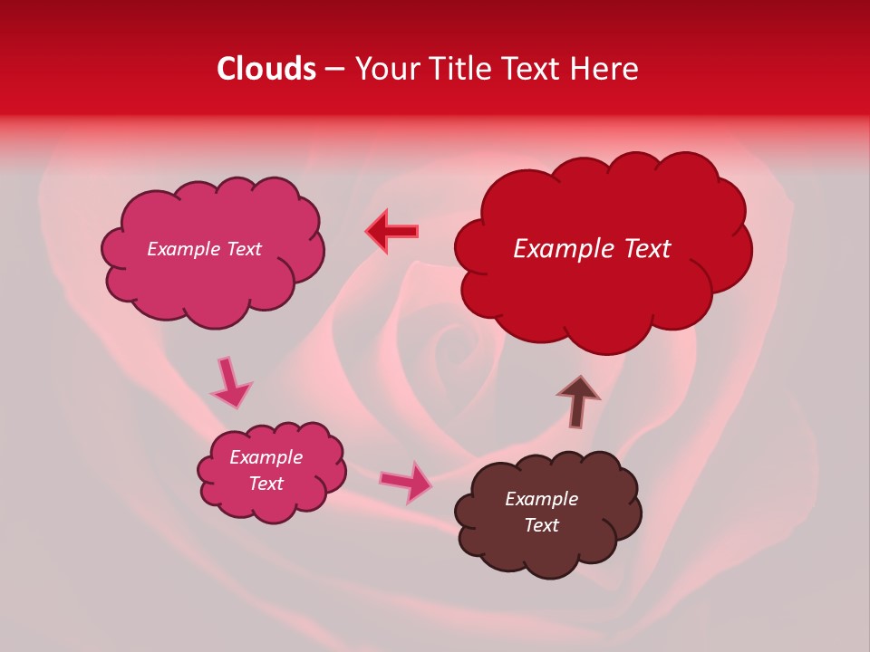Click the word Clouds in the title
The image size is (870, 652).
coord(266,69)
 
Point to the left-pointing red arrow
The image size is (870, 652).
coord(391,231)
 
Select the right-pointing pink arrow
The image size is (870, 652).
coord(406,482)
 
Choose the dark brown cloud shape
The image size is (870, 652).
coord(548,512)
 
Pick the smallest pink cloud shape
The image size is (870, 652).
coord(271,471)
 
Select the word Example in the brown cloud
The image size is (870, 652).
coord(541,499)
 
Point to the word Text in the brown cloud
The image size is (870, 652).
coord(541,525)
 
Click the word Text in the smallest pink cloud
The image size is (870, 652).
coord(266,484)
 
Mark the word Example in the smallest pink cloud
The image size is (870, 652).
coord(266,457)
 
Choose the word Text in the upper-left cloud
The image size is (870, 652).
coord(243,249)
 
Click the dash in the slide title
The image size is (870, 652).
coord(334,69)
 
